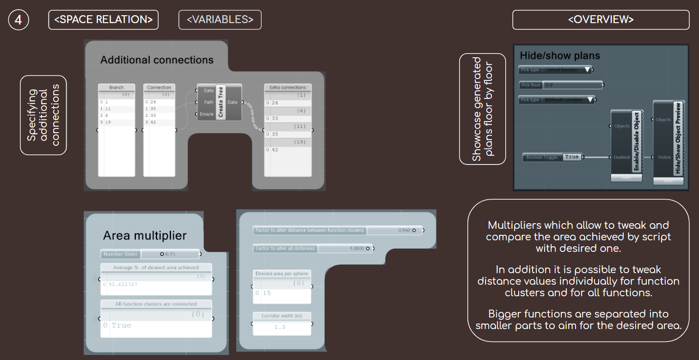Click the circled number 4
(x=18, y=20)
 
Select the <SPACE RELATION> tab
(x=104, y=20)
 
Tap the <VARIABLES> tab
(x=220, y=20)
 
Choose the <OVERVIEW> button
(x=601, y=19)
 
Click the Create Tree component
(x=220, y=102)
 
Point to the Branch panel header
(x=116, y=87)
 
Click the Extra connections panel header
(x=288, y=87)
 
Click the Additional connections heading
(x=157, y=60)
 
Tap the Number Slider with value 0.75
(x=150, y=254)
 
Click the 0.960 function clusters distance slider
(x=338, y=230)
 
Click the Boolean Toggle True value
(x=572, y=157)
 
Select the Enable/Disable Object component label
(x=637, y=141)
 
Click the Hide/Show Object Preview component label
(x=678, y=138)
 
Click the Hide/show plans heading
(x=560, y=55)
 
